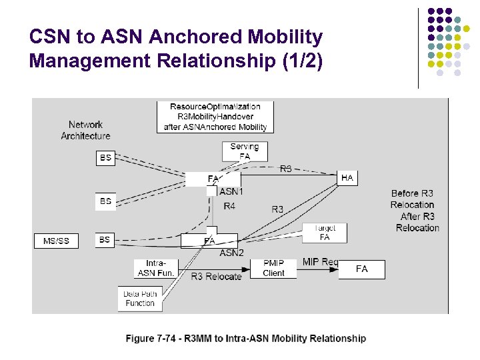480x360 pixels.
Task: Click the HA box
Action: [x=347, y=178]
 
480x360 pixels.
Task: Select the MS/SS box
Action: [x=56, y=241]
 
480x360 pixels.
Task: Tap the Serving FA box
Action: [x=245, y=151]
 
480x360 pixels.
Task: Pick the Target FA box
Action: [x=325, y=233]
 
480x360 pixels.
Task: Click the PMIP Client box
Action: [x=273, y=268]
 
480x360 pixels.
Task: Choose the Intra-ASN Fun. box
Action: [x=155, y=268]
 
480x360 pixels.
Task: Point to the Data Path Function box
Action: [x=140, y=298]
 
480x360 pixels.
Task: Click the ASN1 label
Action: [x=231, y=191]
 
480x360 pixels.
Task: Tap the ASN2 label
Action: [x=231, y=253]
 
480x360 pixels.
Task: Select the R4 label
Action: [x=229, y=207]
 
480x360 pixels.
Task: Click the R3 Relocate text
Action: [x=216, y=276]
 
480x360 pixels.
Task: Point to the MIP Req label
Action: [x=320, y=262]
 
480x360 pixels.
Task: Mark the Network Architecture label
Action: [x=85, y=130]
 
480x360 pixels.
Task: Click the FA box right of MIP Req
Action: [x=361, y=269]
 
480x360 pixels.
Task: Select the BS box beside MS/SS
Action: [x=105, y=239]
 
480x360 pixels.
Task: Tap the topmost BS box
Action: [x=105, y=158]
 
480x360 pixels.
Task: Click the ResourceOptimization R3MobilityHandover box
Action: [x=215, y=117]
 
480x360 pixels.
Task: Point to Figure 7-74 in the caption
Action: [x=151, y=339]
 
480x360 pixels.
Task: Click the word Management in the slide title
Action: [x=85, y=61]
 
